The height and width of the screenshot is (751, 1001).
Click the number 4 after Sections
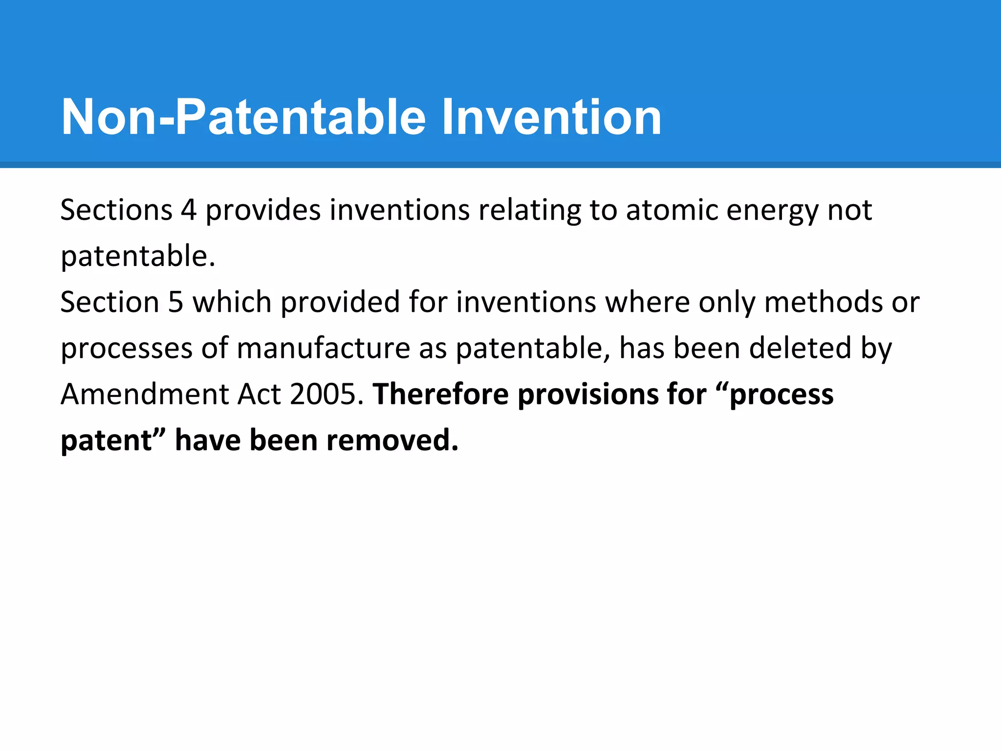[x=189, y=210]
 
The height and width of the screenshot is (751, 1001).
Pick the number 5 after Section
[x=175, y=302]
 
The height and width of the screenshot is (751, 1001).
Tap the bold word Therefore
[x=440, y=394]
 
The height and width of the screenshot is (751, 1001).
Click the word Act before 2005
[x=259, y=394]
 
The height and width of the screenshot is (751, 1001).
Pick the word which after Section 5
[x=232, y=302]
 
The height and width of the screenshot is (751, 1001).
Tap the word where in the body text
[x=648, y=302]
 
